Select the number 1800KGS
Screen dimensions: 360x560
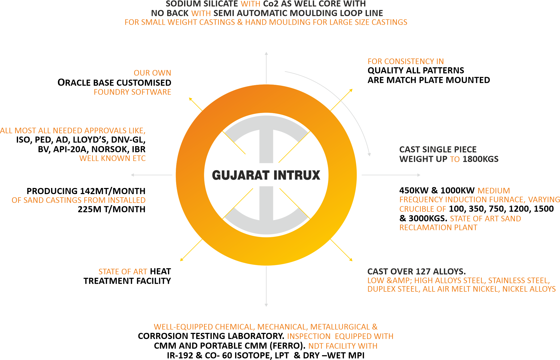[x=480, y=159]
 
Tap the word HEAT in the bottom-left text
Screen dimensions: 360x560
[x=160, y=271]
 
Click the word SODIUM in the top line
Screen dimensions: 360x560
[x=183, y=4]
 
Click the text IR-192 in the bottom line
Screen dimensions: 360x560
[x=180, y=355]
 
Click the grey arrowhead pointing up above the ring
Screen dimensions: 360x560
[x=266, y=53]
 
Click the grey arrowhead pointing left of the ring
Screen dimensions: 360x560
[x=132, y=175]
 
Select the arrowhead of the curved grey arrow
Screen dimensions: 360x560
[x=369, y=154]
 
